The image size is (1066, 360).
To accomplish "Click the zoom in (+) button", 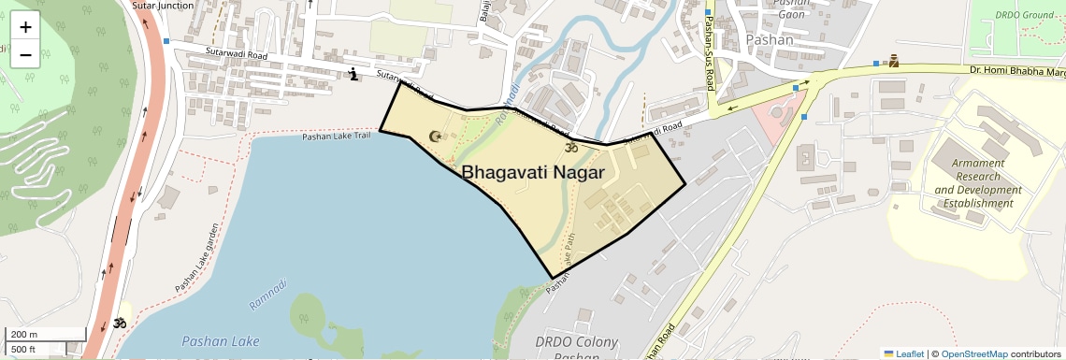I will tap(25, 27).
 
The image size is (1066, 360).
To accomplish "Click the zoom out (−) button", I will tap(25, 54).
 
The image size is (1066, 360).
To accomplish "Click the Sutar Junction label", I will tap(163, 5).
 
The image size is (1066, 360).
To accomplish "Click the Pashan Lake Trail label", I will tap(338, 137).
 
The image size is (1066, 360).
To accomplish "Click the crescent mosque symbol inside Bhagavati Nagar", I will tap(435, 137).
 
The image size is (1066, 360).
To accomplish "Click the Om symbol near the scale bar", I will tap(120, 324).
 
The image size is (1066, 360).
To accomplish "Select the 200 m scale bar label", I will tap(24, 334).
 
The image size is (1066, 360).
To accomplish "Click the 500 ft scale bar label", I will tap(24, 350).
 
